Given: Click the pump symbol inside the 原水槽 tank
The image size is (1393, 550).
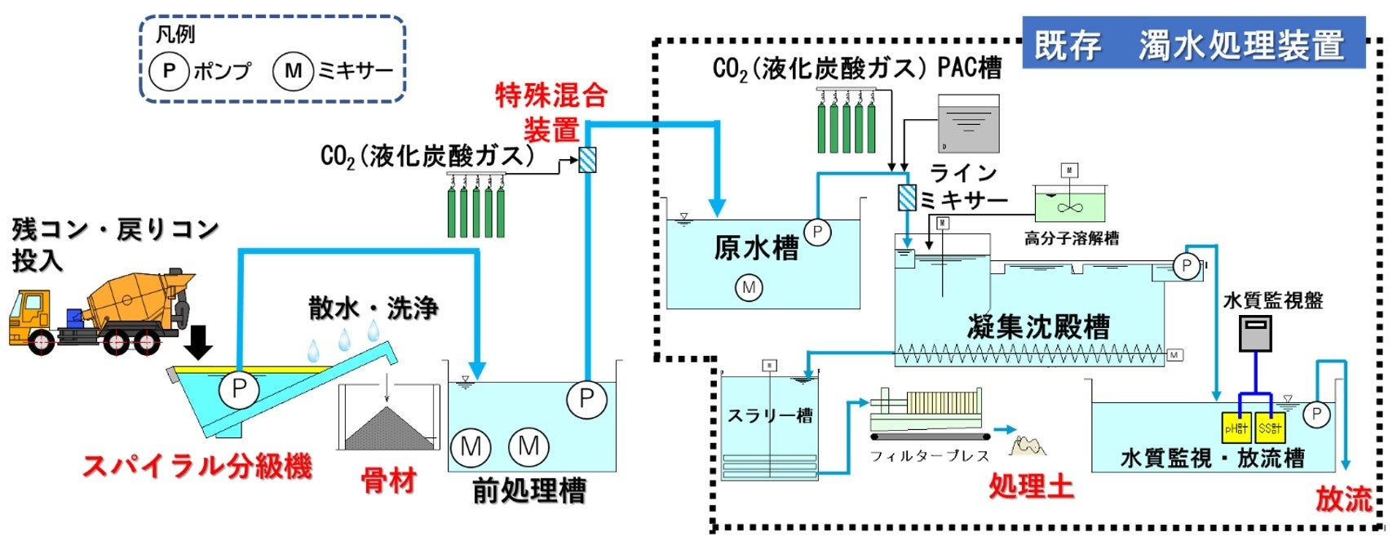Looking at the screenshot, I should (x=817, y=233).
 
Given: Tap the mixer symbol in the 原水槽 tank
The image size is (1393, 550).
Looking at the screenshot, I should (x=749, y=287).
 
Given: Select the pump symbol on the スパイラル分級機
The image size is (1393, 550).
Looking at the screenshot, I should (x=239, y=388).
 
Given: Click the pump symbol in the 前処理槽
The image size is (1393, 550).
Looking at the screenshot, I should (x=586, y=398).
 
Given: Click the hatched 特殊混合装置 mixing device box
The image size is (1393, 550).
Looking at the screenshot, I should (x=587, y=159).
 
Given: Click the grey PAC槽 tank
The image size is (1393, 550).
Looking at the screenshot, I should (x=968, y=124).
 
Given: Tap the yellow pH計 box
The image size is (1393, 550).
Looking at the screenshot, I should (x=1236, y=427).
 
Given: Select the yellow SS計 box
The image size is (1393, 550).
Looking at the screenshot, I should (x=1270, y=427).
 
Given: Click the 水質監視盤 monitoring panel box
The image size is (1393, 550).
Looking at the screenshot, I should (x=1254, y=332).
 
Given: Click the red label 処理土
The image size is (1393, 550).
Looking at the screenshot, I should (x=1031, y=487).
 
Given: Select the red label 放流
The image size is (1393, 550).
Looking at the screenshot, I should (x=1342, y=499).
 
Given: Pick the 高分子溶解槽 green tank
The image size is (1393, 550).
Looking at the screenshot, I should (x=1070, y=204).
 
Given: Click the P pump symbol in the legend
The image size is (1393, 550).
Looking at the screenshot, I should (x=170, y=71).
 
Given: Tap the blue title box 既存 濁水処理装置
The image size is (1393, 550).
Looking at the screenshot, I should (x=1193, y=45).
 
